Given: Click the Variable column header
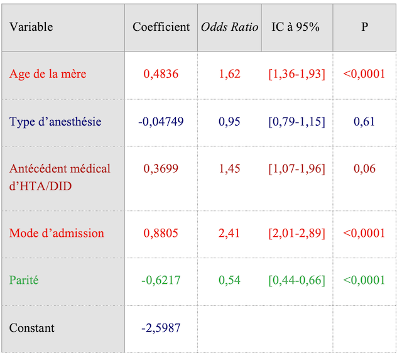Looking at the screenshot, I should click(x=31, y=27).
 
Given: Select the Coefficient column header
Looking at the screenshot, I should click(x=161, y=27).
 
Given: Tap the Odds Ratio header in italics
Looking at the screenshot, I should click(x=229, y=27).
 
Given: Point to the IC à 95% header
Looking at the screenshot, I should click(x=296, y=27).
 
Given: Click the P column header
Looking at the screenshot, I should click(x=364, y=27).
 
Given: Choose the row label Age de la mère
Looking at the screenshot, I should click(x=48, y=74).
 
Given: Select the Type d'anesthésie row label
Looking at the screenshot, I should click(x=55, y=121).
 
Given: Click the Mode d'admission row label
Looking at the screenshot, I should click(x=57, y=233).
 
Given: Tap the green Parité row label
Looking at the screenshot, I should click(x=24, y=280).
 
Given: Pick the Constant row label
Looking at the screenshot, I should click(x=32, y=328).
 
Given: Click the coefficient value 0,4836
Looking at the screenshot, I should click(x=161, y=74).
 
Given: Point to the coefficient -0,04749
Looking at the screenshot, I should click(x=161, y=121).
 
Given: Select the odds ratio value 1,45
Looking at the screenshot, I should click(x=229, y=168).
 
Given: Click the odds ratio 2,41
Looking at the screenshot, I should click(x=229, y=233).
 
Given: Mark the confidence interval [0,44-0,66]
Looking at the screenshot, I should click(x=296, y=280).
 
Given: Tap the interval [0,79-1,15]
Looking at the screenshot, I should click(x=296, y=121).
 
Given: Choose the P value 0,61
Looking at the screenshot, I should click(x=364, y=121).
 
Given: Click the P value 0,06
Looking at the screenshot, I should click(x=364, y=168).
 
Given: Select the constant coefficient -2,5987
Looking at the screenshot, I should click(x=161, y=328).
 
